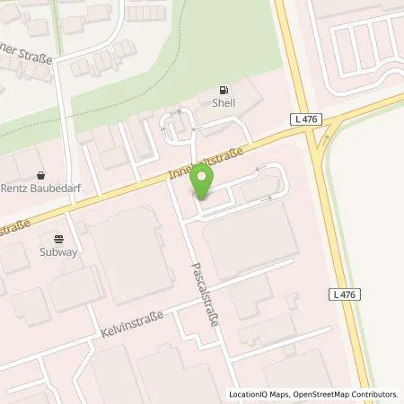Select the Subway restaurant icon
(x=59, y=239)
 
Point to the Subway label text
(x=59, y=251)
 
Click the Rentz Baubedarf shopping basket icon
(x=41, y=176)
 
